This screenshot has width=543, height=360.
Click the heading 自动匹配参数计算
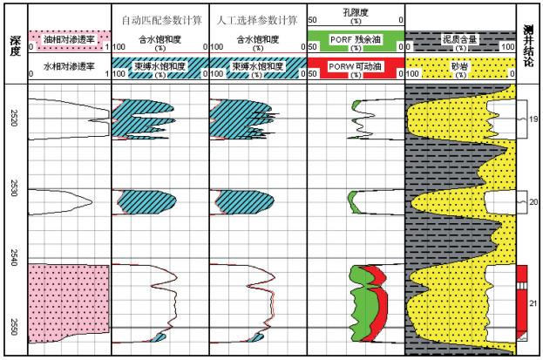point(160,18)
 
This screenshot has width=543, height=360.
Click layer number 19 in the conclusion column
point(533,119)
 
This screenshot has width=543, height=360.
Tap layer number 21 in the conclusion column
point(533,303)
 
